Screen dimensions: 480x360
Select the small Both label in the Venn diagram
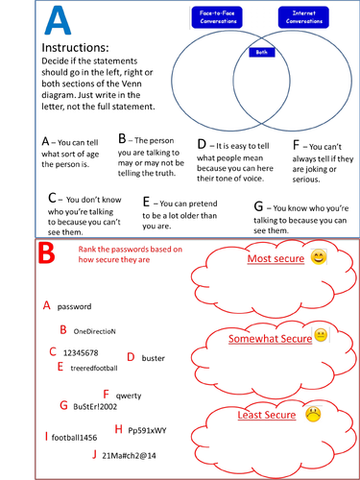[x=259, y=54]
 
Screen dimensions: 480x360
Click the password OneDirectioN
[x=94, y=331]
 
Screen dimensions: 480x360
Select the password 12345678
[x=82, y=353]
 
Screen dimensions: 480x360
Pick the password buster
[x=153, y=358]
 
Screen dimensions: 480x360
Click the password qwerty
[x=129, y=395]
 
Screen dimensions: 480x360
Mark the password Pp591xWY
[x=147, y=430]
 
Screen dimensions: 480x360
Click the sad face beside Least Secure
[x=312, y=415]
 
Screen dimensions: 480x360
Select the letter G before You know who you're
[x=257, y=206]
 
